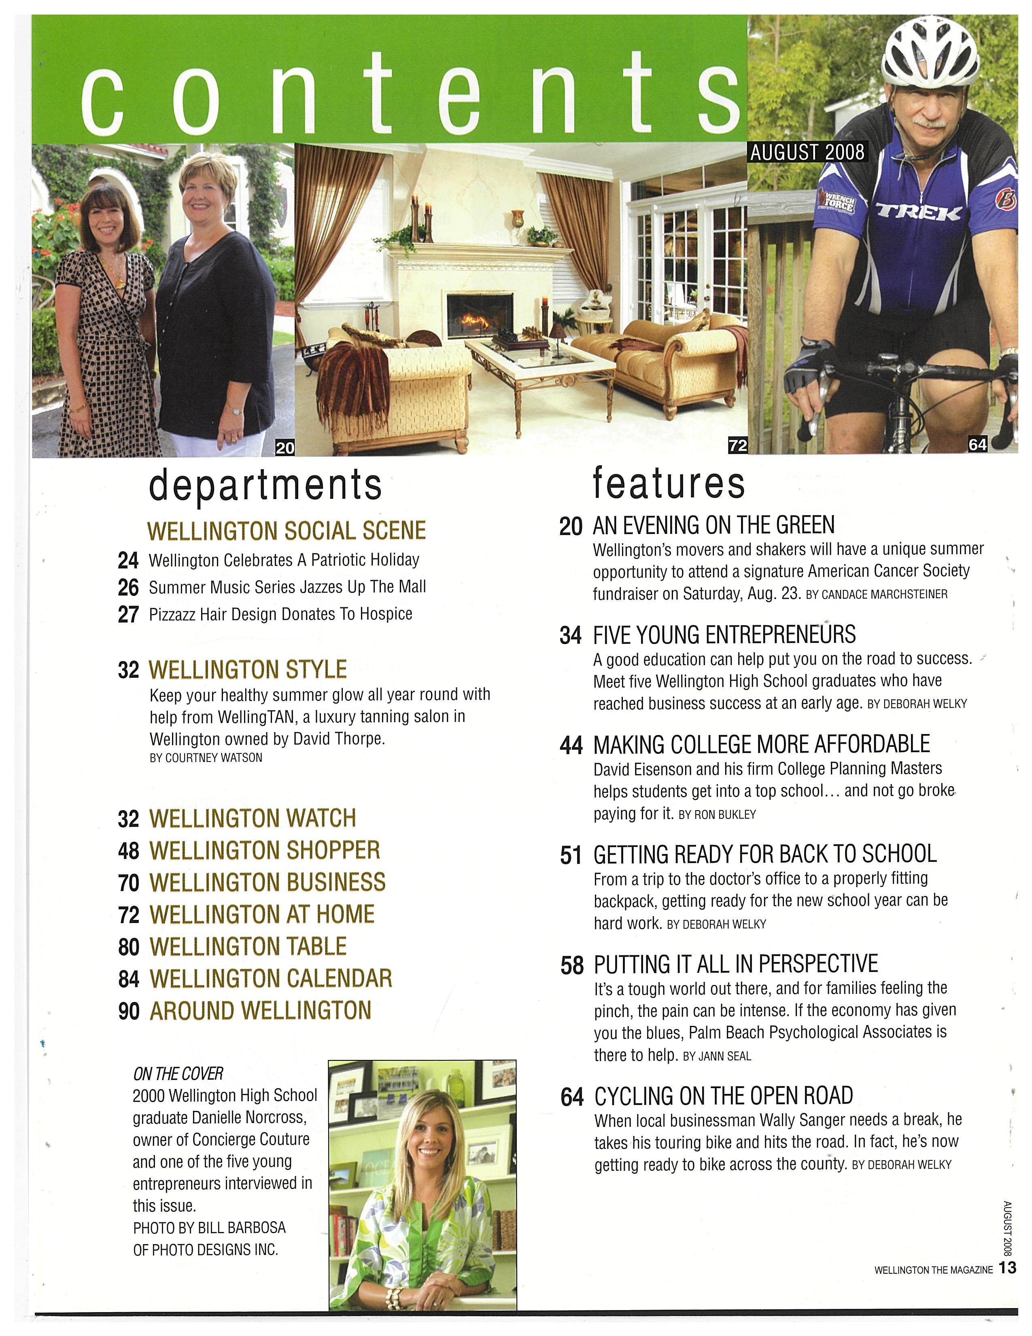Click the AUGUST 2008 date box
tap(807, 152)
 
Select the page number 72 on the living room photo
tap(737, 446)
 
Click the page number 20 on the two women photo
tap(285, 448)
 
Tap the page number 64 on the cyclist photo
tap(977, 445)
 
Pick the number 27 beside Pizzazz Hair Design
tap(128, 614)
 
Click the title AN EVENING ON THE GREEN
tap(713, 525)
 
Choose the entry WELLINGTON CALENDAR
tap(270, 978)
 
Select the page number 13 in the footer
tap(1008, 1268)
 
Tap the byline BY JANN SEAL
tap(716, 1056)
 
